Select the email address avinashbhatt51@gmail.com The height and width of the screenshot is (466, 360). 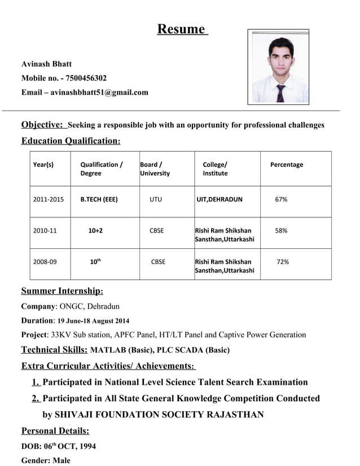[99, 92]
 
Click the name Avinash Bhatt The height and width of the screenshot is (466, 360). [46, 64]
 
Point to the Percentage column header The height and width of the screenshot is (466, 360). [286, 165]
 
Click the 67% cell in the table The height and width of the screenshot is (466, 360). [281, 199]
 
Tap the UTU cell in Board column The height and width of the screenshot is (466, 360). [155, 199]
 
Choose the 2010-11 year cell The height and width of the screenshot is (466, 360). [45, 231]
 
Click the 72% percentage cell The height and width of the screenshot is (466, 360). [283, 262]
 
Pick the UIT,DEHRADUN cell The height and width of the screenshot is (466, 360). [219, 199]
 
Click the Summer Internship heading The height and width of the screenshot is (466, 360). [62, 291]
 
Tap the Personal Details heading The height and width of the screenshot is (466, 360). [55, 431]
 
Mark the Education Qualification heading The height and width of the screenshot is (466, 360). [71, 140]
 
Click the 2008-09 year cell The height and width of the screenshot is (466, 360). [45, 262]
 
